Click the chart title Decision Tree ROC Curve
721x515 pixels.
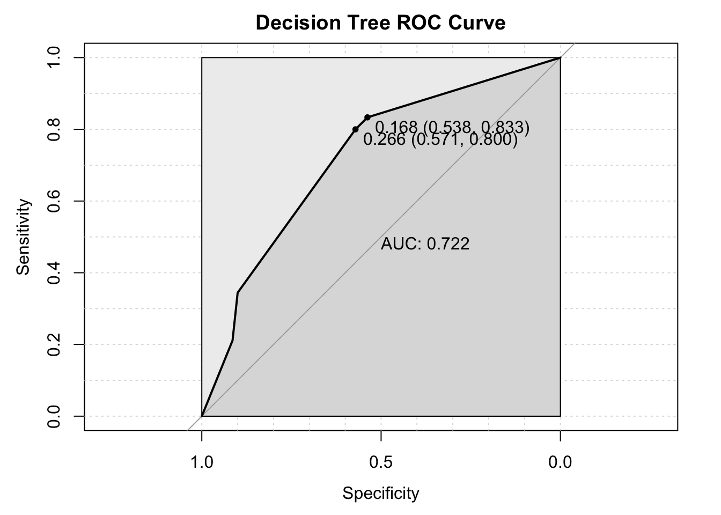click(x=380, y=23)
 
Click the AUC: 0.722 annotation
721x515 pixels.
click(x=425, y=244)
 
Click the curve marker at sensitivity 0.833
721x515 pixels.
click(x=367, y=117)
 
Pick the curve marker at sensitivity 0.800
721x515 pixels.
click(x=355, y=129)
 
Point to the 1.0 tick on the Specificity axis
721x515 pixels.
click(x=202, y=461)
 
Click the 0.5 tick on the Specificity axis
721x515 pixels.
click(x=381, y=461)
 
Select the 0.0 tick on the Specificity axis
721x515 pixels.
click(x=560, y=461)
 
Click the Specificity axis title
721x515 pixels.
click(x=380, y=494)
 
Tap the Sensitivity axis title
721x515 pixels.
click(x=23, y=237)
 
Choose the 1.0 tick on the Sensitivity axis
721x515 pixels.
click(x=53, y=57)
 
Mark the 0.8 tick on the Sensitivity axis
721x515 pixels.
click(x=53, y=129)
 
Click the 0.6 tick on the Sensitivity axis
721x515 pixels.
click(x=53, y=201)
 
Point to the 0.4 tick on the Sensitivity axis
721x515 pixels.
click(x=53, y=273)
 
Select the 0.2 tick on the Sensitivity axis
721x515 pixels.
click(x=53, y=344)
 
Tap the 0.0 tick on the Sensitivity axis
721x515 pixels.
click(x=53, y=416)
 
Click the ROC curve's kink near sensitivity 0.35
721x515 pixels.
click(x=237, y=292)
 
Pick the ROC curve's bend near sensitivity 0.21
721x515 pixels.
click(x=232, y=340)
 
